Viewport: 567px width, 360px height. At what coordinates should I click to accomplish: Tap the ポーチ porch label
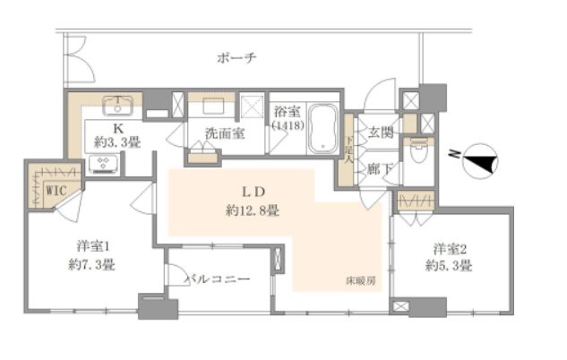(238, 58)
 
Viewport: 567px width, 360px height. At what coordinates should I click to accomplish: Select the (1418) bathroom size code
(287, 126)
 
